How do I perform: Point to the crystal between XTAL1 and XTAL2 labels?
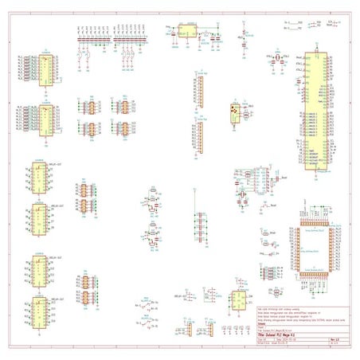point(279,61)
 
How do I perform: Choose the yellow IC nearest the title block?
point(237,300)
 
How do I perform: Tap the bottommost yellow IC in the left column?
point(37,313)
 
